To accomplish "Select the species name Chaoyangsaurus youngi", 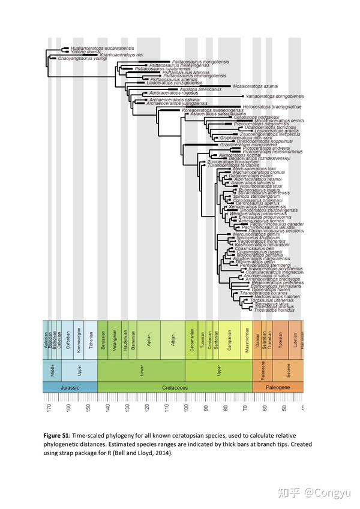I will (x=82, y=59).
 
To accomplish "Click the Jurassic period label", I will (x=70, y=387).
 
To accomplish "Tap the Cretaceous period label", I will (x=175, y=387).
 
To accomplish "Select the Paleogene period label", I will (x=277, y=387).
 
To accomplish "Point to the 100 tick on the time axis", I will (x=186, y=408).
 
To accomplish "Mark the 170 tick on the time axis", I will (x=49, y=408).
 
